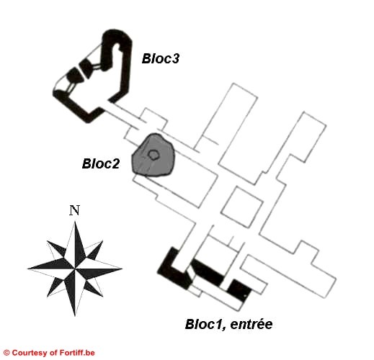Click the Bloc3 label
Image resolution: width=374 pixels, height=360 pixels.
(x=161, y=58)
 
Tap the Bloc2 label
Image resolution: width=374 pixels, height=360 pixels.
(x=101, y=163)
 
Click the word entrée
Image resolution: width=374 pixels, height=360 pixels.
(x=251, y=324)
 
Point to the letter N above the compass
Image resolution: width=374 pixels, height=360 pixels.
(x=74, y=210)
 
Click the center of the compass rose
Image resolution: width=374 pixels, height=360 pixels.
(x=75, y=269)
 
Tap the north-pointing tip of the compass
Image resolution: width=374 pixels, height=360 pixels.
(x=76, y=221)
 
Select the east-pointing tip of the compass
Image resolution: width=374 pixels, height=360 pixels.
(x=122, y=269)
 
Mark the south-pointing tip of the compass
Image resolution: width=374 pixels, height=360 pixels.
(x=75, y=316)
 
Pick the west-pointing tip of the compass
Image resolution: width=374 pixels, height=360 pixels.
(x=27, y=269)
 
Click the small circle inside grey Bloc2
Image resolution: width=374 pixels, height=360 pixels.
(x=153, y=155)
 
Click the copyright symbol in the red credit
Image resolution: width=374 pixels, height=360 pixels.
(x=6, y=353)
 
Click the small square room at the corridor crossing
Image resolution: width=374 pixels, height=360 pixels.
(x=241, y=207)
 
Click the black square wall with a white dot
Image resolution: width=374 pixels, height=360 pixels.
(x=239, y=290)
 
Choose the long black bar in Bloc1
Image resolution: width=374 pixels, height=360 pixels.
(x=208, y=272)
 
